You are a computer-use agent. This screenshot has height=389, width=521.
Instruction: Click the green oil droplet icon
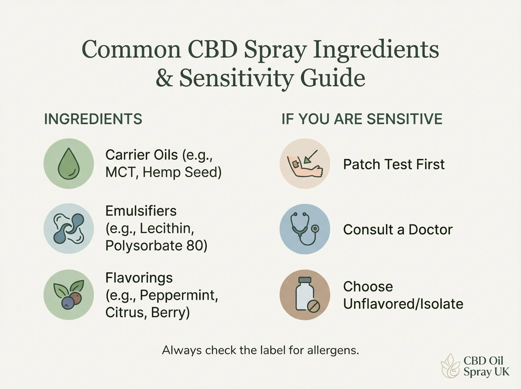tap(69, 163)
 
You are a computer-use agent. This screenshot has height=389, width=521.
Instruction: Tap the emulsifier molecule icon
tap(69, 228)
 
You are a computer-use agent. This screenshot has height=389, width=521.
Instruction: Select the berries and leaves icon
tap(69, 294)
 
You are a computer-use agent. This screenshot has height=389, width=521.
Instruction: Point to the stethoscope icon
tap(304, 228)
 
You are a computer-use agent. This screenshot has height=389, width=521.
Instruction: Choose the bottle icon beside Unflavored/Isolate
tap(304, 294)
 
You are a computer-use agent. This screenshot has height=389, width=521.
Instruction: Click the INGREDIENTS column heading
tap(93, 119)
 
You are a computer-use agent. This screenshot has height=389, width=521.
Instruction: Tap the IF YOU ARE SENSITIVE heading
tap(362, 119)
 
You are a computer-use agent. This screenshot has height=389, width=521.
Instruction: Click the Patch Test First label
tap(394, 164)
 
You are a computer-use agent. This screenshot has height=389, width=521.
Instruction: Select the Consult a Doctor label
tap(398, 229)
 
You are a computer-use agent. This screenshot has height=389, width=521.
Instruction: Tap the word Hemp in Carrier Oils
tap(160, 172)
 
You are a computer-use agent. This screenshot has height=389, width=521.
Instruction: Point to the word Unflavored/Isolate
tap(403, 303)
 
